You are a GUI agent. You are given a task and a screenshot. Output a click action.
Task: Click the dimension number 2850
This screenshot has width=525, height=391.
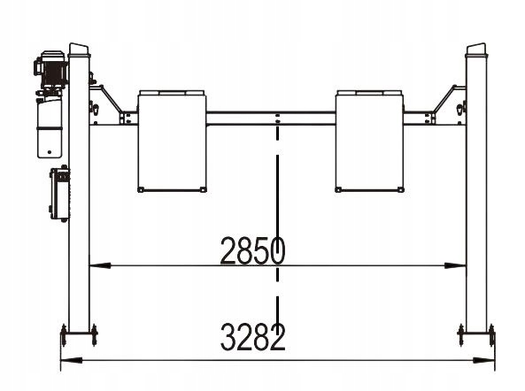tap(253, 250)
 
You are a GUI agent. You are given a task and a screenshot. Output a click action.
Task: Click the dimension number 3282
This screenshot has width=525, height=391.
tap(253, 337)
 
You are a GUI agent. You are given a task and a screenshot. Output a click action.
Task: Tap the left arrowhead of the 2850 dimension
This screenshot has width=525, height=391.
tap(100, 265)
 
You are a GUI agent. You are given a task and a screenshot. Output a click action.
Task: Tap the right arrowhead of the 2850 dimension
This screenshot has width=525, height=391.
tap(455, 265)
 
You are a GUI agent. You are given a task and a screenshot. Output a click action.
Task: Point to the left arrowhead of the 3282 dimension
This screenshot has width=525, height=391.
tap(72, 360)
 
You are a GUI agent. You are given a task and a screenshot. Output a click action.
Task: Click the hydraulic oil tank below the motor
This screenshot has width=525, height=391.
tap(50, 127)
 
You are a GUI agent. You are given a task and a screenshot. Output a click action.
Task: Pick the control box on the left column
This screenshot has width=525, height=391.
tap(60, 194)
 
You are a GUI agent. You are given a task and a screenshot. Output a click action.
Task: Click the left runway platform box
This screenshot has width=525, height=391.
tap(172, 142)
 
